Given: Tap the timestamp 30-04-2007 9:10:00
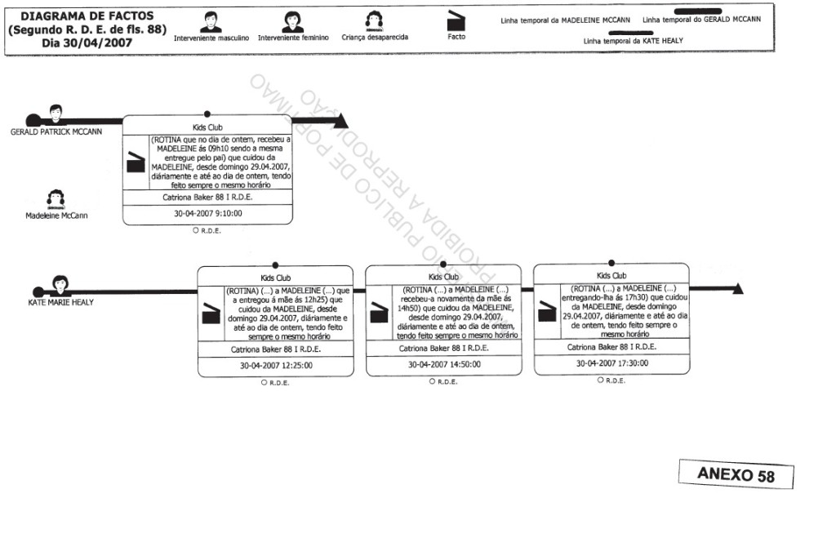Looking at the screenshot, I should point(207,213).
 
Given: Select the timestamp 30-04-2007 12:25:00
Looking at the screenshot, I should point(276,366).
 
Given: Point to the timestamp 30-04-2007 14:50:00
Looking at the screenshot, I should point(444,364).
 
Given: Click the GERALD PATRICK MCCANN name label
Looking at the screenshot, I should point(56,131).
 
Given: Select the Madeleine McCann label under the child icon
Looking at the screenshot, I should point(56,216).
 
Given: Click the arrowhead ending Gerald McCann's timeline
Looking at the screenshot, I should point(340,122).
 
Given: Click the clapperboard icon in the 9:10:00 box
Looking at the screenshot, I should point(136,162).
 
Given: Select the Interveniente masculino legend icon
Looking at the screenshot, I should point(211,22).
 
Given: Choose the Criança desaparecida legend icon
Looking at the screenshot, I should point(375,20).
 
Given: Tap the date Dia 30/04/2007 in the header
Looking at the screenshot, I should point(87,43).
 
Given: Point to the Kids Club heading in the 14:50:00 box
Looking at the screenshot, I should point(443,277).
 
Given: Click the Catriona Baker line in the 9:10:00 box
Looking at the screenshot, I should point(207,197).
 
